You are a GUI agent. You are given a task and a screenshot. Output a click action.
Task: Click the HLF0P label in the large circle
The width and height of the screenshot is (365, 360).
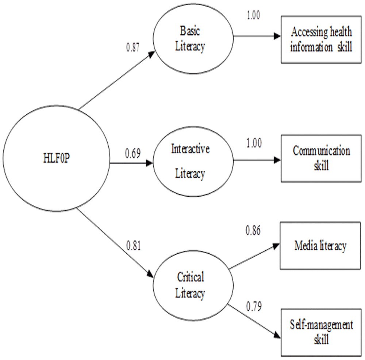[x=56, y=158]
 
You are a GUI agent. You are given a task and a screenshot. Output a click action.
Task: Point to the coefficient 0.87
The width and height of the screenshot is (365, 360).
[x=133, y=48]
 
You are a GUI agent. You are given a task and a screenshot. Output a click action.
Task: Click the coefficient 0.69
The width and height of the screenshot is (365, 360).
[x=133, y=153]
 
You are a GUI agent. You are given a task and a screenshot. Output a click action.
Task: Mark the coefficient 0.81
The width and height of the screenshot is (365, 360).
[x=133, y=246]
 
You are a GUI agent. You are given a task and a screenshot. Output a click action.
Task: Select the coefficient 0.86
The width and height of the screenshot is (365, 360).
[x=253, y=230]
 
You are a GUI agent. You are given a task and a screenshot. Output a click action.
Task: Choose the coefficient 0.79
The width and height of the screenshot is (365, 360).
[x=254, y=306]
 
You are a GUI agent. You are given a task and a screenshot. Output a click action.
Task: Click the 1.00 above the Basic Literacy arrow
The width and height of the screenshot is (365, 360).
[x=253, y=15]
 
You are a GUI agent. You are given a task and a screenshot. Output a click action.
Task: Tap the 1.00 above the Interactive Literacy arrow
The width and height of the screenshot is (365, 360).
[x=254, y=143]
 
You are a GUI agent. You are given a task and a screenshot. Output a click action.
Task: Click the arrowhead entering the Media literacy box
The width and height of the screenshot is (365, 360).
[x=276, y=246]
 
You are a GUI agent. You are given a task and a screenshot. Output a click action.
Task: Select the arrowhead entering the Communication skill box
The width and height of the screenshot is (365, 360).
[x=277, y=160]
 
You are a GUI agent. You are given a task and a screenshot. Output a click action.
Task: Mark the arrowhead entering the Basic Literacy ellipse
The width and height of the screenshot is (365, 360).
[x=151, y=54]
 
